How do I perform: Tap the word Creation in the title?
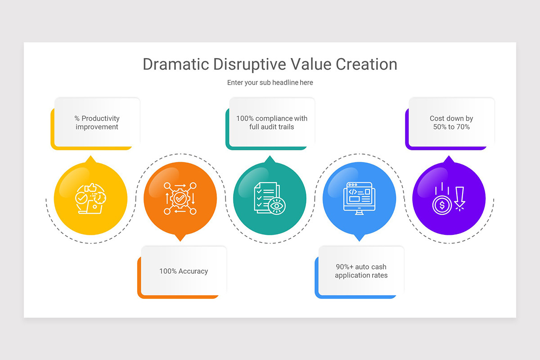point(366,64)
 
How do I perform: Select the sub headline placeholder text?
point(270,83)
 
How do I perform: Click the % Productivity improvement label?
point(97,123)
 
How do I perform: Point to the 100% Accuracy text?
point(184,271)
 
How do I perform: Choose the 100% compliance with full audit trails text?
point(272,123)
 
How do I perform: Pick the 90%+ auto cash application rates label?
point(361,271)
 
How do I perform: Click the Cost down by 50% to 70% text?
point(451,123)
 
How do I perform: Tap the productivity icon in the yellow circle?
point(90,198)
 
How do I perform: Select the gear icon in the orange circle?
point(180,198)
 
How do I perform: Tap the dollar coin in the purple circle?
point(442,206)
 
